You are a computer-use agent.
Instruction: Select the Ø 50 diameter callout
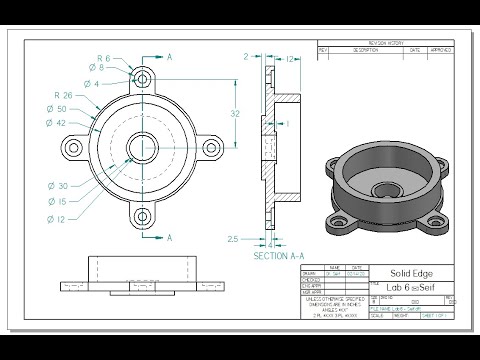59,108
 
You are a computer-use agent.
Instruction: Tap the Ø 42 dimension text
59,123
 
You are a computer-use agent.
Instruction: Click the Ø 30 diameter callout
59,186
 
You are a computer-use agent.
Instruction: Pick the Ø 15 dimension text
59,203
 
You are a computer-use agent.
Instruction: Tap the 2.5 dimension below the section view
233,239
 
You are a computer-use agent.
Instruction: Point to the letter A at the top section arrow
170,58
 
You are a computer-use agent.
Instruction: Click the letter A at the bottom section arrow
170,237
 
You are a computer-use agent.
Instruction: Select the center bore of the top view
141,147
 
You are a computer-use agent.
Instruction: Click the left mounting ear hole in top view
72,147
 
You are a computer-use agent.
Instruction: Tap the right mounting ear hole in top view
211,147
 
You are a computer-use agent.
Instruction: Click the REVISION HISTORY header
384,42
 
